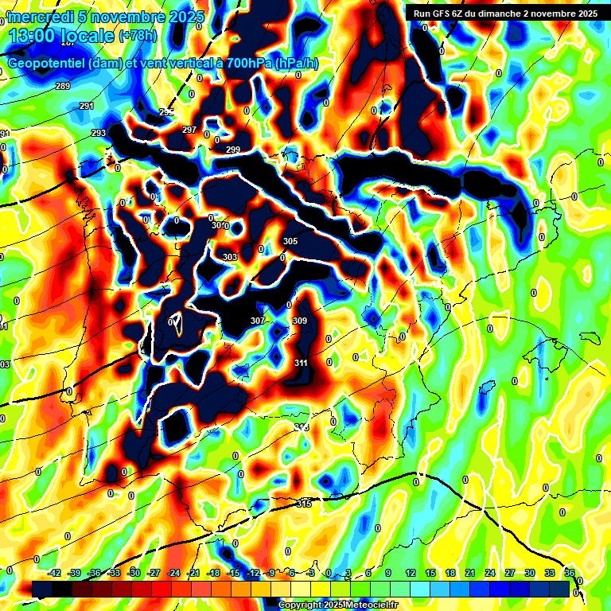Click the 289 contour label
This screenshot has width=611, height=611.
63,86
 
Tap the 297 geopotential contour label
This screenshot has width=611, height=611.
189,130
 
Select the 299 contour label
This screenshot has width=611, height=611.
232,150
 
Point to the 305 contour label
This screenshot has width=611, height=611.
290,241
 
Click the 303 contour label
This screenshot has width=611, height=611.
230,257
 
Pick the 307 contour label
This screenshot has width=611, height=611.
257,321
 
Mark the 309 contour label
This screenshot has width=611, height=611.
300,321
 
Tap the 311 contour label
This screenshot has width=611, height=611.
302,363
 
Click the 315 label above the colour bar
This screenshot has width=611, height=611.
304,504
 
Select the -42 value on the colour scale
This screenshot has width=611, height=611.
54,573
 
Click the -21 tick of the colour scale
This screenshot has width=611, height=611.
193,573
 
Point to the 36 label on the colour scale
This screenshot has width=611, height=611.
570,573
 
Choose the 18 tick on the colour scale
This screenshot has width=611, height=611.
449,573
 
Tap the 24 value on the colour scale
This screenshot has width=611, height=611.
489,573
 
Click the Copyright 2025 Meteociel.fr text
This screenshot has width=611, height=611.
339,605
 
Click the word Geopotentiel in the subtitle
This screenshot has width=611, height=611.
46,64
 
